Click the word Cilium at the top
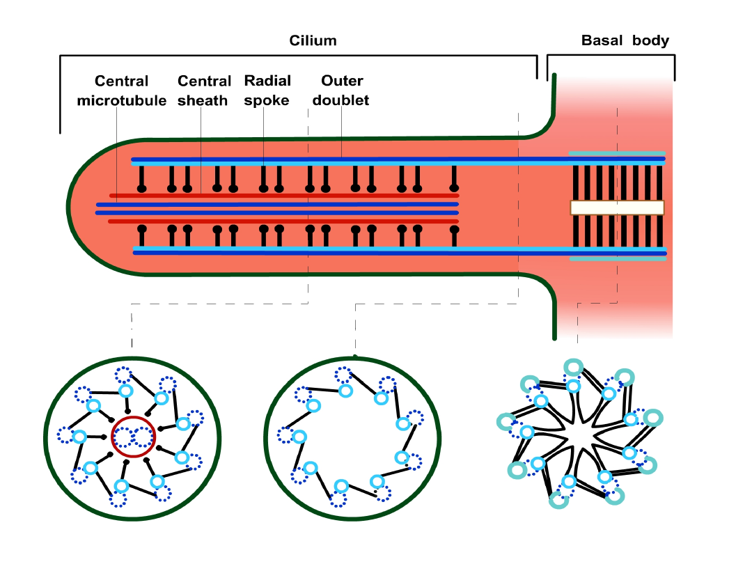click(x=313, y=40)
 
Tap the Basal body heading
click(x=625, y=40)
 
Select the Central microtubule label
click(x=121, y=91)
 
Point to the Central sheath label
click(x=203, y=91)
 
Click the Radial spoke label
click(x=267, y=91)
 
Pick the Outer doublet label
click(x=340, y=91)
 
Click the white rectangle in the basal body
click(x=617, y=207)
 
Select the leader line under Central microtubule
click(x=116, y=153)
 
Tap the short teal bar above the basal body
click(x=616, y=152)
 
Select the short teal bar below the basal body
click(x=616, y=259)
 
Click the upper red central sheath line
click(x=279, y=196)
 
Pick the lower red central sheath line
click(x=279, y=221)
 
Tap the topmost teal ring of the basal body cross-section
click(x=573, y=367)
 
